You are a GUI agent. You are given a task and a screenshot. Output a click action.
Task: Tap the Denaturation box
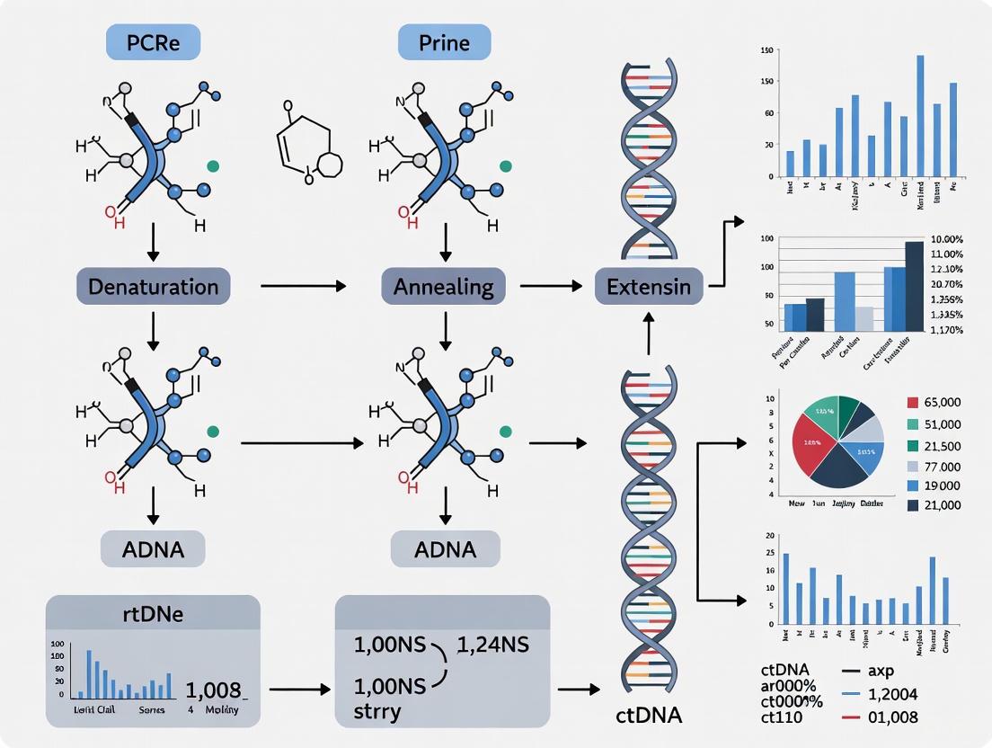tap(153, 287)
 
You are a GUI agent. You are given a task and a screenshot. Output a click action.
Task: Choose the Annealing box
tap(444, 287)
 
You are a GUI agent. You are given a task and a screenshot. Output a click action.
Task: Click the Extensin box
tap(649, 287)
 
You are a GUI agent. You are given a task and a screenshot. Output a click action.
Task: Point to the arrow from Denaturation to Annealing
tap(303, 287)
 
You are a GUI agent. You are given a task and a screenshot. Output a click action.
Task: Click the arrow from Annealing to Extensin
tap(549, 287)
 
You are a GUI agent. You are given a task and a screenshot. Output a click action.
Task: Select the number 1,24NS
tap(493, 645)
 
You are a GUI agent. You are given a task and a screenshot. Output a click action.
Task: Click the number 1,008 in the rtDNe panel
tap(213, 690)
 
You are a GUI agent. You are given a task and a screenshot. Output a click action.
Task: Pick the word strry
tap(376, 711)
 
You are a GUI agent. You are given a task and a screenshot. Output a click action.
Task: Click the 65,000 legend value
tap(936, 403)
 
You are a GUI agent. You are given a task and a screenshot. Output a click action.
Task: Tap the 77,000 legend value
tap(936, 466)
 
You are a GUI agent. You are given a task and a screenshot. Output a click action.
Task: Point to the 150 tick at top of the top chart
tap(766, 49)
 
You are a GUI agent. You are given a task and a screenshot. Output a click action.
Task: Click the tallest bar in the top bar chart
tap(920, 115)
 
